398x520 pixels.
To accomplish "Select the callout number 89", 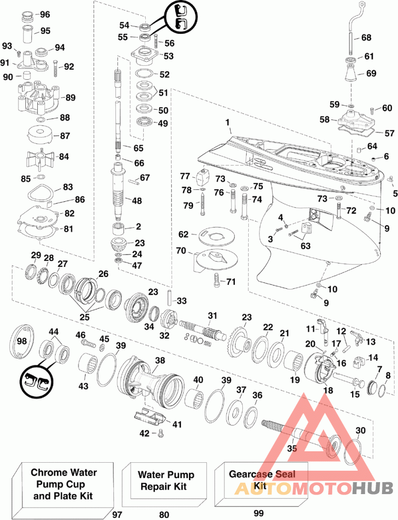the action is click(x=70, y=98).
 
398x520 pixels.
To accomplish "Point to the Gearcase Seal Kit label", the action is click(x=262, y=480).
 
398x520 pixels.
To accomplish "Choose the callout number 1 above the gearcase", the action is click(x=227, y=123).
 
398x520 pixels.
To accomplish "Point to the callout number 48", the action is click(x=137, y=201).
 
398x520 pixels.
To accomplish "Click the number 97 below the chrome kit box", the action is click(x=117, y=515).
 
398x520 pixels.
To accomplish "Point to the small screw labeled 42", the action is click(x=161, y=433).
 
